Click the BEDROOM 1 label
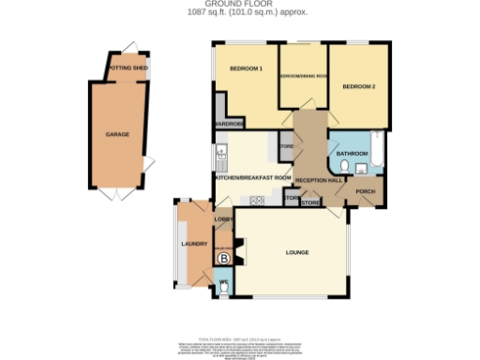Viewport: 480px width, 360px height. coord(247,69)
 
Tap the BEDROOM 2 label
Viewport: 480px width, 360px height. coord(358,86)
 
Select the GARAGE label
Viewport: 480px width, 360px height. coord(117,134)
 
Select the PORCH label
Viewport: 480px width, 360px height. coord(365,193)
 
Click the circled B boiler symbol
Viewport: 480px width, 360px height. coord(223,258)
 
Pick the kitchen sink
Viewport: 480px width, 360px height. coord(220,153)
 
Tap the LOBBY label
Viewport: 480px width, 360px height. coord(223,219)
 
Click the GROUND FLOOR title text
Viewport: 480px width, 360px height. coord(240,4)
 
